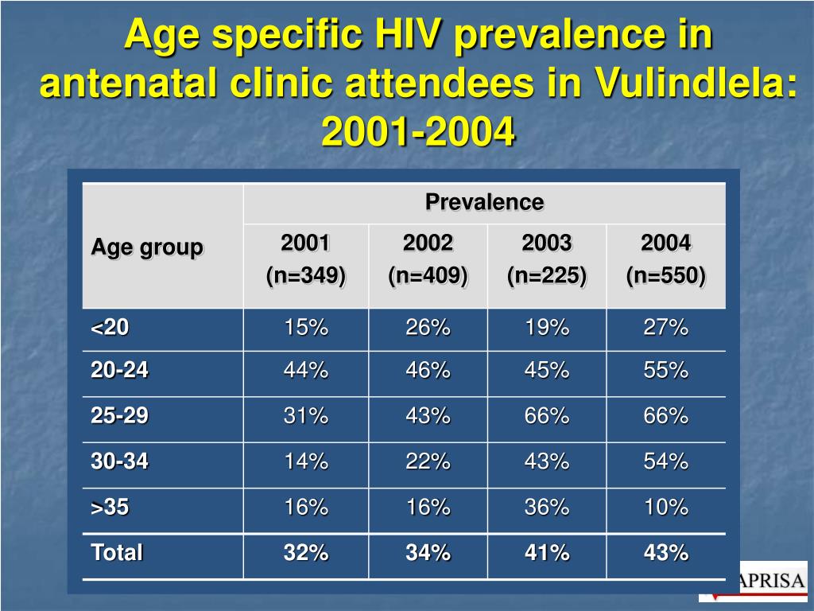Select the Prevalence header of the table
click(x=484, y=202)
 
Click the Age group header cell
click(x=147, y=247)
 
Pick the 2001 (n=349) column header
click(x=306, y=259)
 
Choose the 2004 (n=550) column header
click(x=665, y=259)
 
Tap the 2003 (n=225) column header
click(x=547, y=259)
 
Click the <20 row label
click(x=110, y=327)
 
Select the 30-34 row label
click(x=119, y=461)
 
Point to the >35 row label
click(x=110, y=508)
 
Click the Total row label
click(x=117, y=553)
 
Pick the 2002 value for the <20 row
click(x=428, y=327)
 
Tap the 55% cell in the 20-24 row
click(x=665, y=371)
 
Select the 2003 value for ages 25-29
click(x=547, y=416)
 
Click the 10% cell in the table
click(x=665, y=508)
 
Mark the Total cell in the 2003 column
click(x=547, y=553)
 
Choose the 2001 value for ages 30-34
click(x=306, y=461)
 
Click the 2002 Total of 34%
click(x=428, y=553)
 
